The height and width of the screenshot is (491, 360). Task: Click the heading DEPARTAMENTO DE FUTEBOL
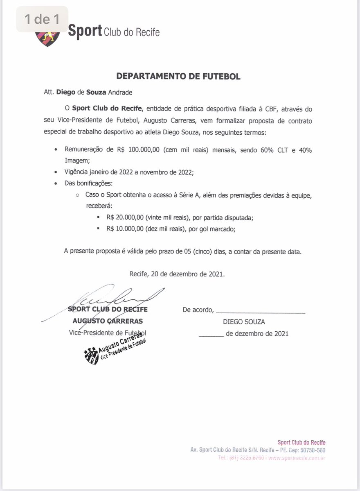[x=178, y=76]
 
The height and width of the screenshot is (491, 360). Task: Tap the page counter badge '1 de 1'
[x=42, y=19]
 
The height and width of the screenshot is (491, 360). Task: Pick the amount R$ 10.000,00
[x=124, y=229]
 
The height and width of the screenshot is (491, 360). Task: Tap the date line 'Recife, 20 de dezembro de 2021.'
[x=177, y=274]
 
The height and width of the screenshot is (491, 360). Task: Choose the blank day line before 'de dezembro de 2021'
[x=211, y=335]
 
